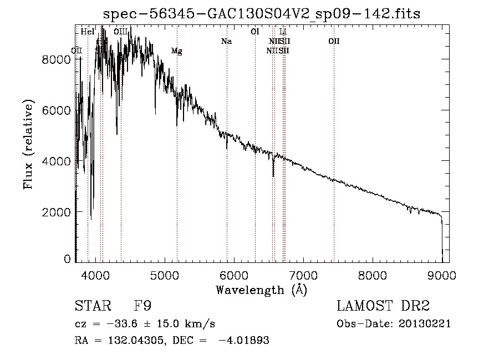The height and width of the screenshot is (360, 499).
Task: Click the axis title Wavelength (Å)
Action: (261, 290)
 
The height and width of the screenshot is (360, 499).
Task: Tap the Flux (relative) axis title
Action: (28, 144)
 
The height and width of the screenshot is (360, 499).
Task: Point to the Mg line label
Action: (176, 51)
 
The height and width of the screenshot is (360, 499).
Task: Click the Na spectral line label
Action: (226, 42)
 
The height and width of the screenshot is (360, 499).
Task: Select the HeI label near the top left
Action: (88, 32)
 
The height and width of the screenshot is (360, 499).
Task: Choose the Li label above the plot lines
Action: (283, 32)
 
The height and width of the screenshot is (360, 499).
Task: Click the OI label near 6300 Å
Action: (255, 32)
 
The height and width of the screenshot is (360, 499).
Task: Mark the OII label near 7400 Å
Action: (334, 42)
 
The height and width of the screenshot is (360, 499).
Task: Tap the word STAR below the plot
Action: (92, 306)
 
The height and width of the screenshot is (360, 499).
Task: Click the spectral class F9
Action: (142, 306)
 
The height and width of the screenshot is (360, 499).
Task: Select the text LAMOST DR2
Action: (383, 306)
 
